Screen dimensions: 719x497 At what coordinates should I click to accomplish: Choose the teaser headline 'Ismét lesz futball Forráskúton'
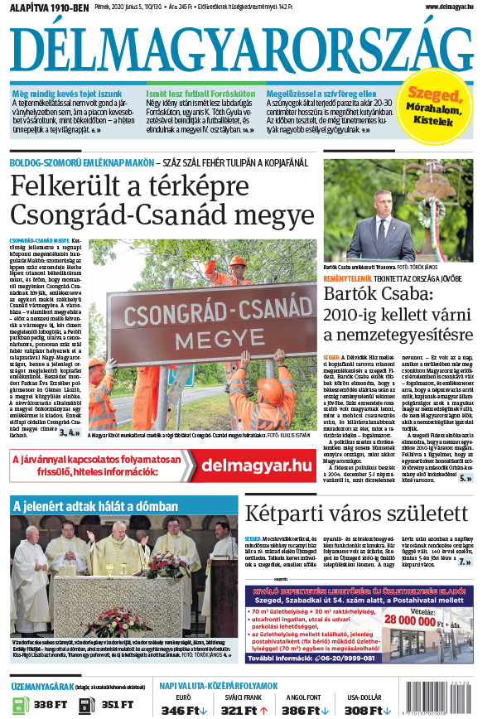pyautogui.click(x=197, y=94)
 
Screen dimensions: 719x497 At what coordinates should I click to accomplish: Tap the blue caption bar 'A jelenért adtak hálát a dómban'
pyautogui.click(x=95, y=506)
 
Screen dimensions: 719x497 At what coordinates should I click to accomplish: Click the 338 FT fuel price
pyautogui.click(x=50, y=705)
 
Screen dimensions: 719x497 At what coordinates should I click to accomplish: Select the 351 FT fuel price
pyautogui.click(x=116, y=705)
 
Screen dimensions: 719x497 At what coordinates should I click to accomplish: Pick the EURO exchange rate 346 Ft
pyautogui.click(x=180, y=710)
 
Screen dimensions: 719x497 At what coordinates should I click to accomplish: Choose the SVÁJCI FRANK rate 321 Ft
pyautogui.click(x=241, y=710)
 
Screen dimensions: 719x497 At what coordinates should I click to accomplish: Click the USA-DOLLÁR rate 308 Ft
pyautogui.click(x=364, y=710)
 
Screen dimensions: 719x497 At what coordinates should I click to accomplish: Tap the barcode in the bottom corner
pyautogui.click(x=447, y=697)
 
